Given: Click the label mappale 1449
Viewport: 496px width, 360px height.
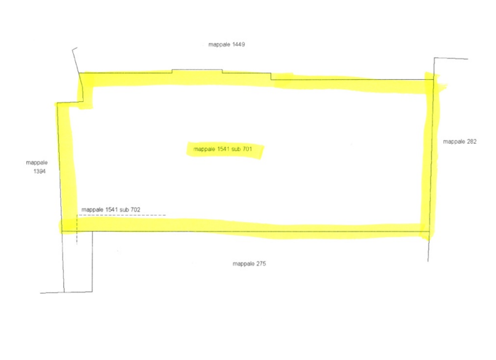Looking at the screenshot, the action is click(x=227, y=45).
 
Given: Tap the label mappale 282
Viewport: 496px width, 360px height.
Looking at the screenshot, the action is click(x=460, y=141).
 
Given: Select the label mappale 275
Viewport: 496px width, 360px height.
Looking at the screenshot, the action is click(x=250, y=264).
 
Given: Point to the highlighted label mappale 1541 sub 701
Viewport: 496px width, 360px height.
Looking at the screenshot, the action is click(x=222, y=149).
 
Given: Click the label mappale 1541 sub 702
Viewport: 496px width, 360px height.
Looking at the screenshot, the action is click(x=111, y=209).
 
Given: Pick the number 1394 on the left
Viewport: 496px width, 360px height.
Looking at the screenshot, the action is click(x=39, y=171).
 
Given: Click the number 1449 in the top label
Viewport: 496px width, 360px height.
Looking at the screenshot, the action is click(x=238, y=45).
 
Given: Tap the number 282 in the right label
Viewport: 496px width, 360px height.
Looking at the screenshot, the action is click(x=471, y=141).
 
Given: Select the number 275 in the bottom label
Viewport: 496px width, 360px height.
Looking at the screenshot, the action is click(x=261, y=264).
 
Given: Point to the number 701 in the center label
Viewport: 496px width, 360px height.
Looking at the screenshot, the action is click(x=247, y=149).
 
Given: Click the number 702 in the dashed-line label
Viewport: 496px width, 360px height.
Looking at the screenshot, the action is click(x=135, y=209).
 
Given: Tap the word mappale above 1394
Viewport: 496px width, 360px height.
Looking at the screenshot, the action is click(x=37, y=163).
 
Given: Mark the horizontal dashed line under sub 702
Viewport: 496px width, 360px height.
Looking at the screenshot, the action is click(x=122, y=215).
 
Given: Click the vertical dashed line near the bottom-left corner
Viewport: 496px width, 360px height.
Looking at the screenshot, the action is click(x=77, y=230).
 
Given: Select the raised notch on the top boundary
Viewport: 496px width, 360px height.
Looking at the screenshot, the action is click(x=197, y=69).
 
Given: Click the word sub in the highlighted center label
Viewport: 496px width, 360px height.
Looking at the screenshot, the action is click(x=236, y=149).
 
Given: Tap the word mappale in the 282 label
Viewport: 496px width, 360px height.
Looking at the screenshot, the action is click(x=454, y=142).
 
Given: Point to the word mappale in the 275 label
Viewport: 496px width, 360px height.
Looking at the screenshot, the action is click(x=243, y=264).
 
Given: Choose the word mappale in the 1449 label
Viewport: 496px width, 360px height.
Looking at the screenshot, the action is click(x=219, y=45).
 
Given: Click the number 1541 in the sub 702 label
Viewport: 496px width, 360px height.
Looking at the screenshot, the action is click(x=112, y=209).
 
